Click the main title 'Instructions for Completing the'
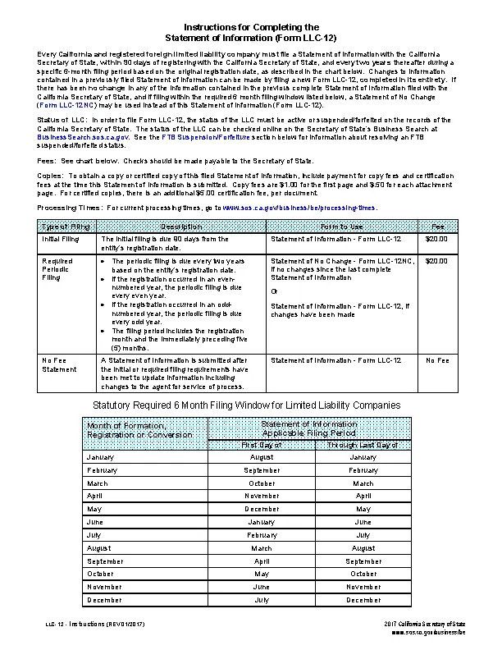pos(250,28)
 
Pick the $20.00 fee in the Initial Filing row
pos(437,239)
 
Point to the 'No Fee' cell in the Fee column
pos(437,361)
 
